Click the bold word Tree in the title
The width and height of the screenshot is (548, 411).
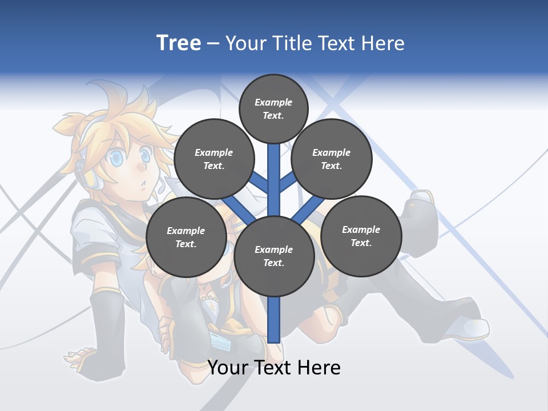point(179,43)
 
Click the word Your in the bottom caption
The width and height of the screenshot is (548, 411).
point(227,367)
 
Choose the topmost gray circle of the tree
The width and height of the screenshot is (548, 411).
point(273,108)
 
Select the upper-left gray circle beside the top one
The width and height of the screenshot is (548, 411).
point(213,159)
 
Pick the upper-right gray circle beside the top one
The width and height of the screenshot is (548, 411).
point(331,159)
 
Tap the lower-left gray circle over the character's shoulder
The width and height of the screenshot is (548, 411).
point(186,237)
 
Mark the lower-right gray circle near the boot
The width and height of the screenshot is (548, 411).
point(361,236)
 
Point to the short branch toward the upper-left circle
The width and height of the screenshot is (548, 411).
point(260,182)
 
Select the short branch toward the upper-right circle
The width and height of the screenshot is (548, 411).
point(288,182)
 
